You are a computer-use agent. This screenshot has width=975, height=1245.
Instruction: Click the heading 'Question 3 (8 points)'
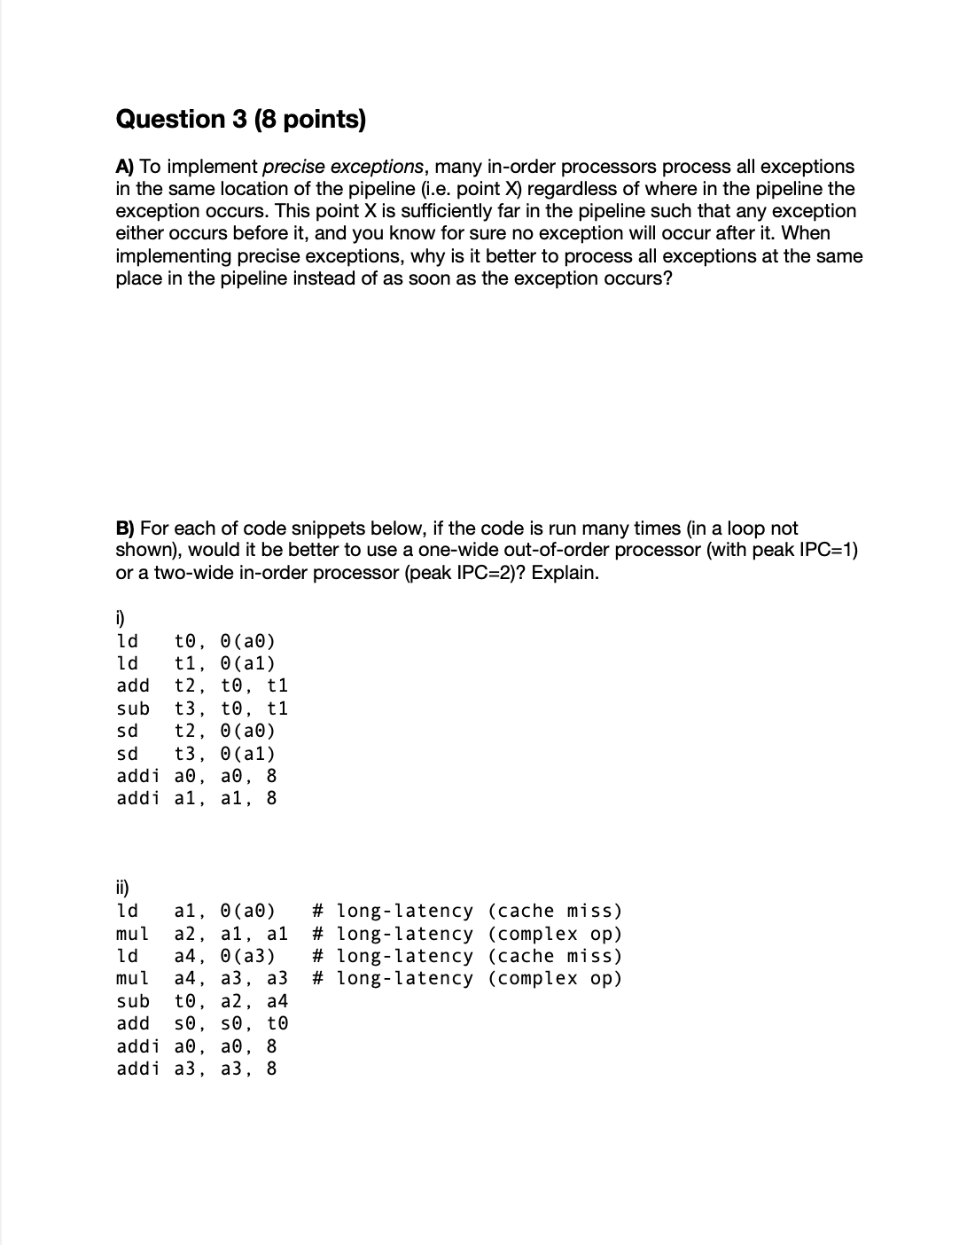pyautogui.click(x=240, y=120)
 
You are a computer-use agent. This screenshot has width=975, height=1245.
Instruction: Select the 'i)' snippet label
pyautogui.click(x=121, y=618)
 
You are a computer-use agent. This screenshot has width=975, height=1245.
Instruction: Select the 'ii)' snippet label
pyautogui.click(x=123, y=888)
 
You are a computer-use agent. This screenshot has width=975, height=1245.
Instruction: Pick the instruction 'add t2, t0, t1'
pyautogui.click(x=202, y=685)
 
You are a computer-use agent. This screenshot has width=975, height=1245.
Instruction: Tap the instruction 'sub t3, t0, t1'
pyautogui.click(x=202, y=709)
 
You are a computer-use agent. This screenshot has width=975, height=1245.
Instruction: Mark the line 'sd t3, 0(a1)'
pyautogui.click(x=196, y=754)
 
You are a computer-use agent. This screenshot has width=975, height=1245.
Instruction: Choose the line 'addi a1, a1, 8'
pyautogui.click(x=196, y=798)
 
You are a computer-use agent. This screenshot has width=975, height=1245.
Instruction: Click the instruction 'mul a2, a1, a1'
pyautogui.click(x=202, y=934)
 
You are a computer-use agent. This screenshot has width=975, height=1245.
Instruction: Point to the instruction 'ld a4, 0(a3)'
pyautogui.click(x=196, y=956)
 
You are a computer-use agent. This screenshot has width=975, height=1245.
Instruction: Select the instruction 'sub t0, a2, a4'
pyautogui.click(x=202, y=1001)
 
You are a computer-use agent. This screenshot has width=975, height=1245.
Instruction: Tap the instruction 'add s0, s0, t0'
pyautogui.click(x=202, y=1023)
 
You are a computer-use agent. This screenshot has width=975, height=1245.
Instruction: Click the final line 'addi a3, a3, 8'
pyautogui.click(x=196, y=1069)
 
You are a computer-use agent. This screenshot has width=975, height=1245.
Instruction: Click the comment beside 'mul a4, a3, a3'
pyautogui.click(x=467, y=979)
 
